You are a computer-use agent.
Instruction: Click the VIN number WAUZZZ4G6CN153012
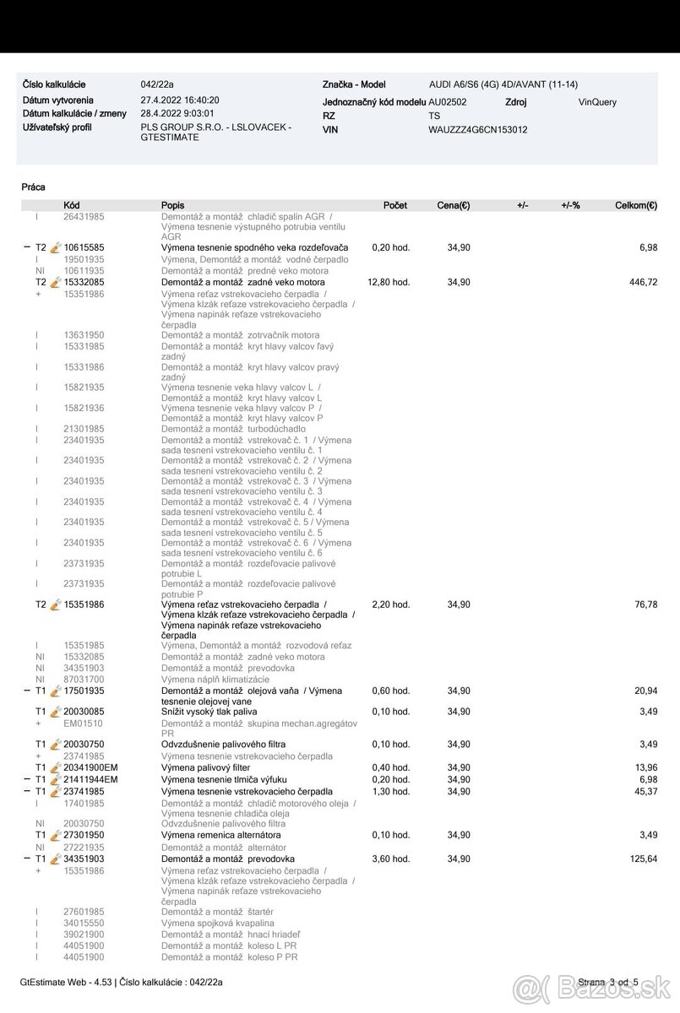point(478,130)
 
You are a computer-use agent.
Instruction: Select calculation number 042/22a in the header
point(158,84)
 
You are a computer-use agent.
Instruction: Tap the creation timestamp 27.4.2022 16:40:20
point(179,100)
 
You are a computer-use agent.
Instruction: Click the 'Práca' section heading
point(34,187)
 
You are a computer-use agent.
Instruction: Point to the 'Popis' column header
point(172,205)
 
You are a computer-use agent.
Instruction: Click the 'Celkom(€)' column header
point(637,205)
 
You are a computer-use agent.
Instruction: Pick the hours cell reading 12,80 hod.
point(389,282)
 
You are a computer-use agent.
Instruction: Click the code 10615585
point(84,247)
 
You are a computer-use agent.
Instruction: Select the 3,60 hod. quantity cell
point(390,859)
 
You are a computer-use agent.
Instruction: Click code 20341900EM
point(91,767)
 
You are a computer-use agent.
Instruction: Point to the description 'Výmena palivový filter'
point(205,767)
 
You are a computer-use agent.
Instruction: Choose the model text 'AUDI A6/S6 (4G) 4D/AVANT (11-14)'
point(503,84)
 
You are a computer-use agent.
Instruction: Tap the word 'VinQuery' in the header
point(597,102)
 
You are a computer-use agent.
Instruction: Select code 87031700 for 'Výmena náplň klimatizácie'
point(84,679)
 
